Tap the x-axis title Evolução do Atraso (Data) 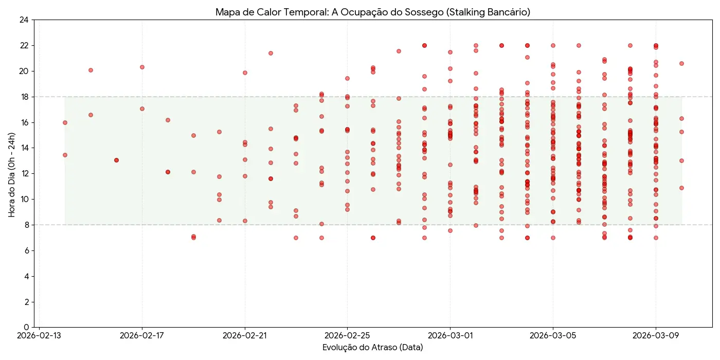click(373, 347)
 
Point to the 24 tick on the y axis click(24, 20)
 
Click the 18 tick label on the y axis click(24, 97)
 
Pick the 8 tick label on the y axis click(26, 225)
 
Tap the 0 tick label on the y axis click(26, 327)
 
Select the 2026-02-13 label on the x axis click(40, 336)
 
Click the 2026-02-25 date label click(347, 336)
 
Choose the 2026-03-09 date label click(656, 336)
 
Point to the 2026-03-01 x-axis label click(450, 336)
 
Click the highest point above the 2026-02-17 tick click(142, 67)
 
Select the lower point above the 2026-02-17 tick click(142, 109)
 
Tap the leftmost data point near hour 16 click(65, 122)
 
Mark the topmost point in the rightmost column click(681, 63)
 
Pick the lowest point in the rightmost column click(681, 188)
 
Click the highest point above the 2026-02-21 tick click(245, 73)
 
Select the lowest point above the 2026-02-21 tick click(245, 221)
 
